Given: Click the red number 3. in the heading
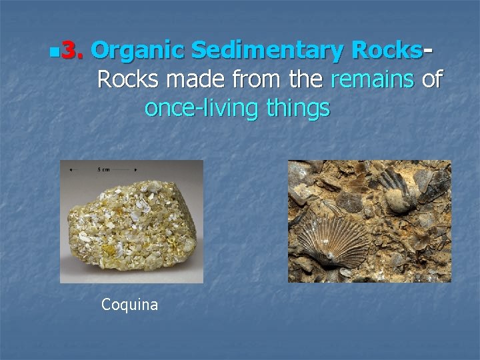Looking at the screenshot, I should click(71, 50).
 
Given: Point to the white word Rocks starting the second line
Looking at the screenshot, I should click(128, 79).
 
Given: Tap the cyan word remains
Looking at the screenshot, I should click(373, 79).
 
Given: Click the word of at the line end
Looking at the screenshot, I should click(432, 79).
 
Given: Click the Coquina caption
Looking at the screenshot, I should click(129, 305).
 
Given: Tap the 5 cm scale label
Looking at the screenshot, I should click(103, 169).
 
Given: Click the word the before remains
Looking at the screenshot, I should click(306, 79).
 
